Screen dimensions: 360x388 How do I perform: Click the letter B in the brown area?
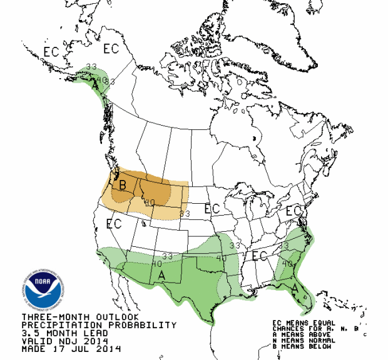tap(123, 185)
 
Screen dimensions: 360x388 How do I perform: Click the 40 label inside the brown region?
tap(150, 202)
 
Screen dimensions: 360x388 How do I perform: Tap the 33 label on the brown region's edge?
tap(185, 214)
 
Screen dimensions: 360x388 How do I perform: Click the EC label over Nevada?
tap(114, 224)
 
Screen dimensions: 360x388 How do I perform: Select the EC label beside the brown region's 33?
tap(212, 208)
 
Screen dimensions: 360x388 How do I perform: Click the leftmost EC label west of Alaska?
tap(51, 52)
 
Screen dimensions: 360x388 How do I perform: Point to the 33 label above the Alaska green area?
tap(91, 67)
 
